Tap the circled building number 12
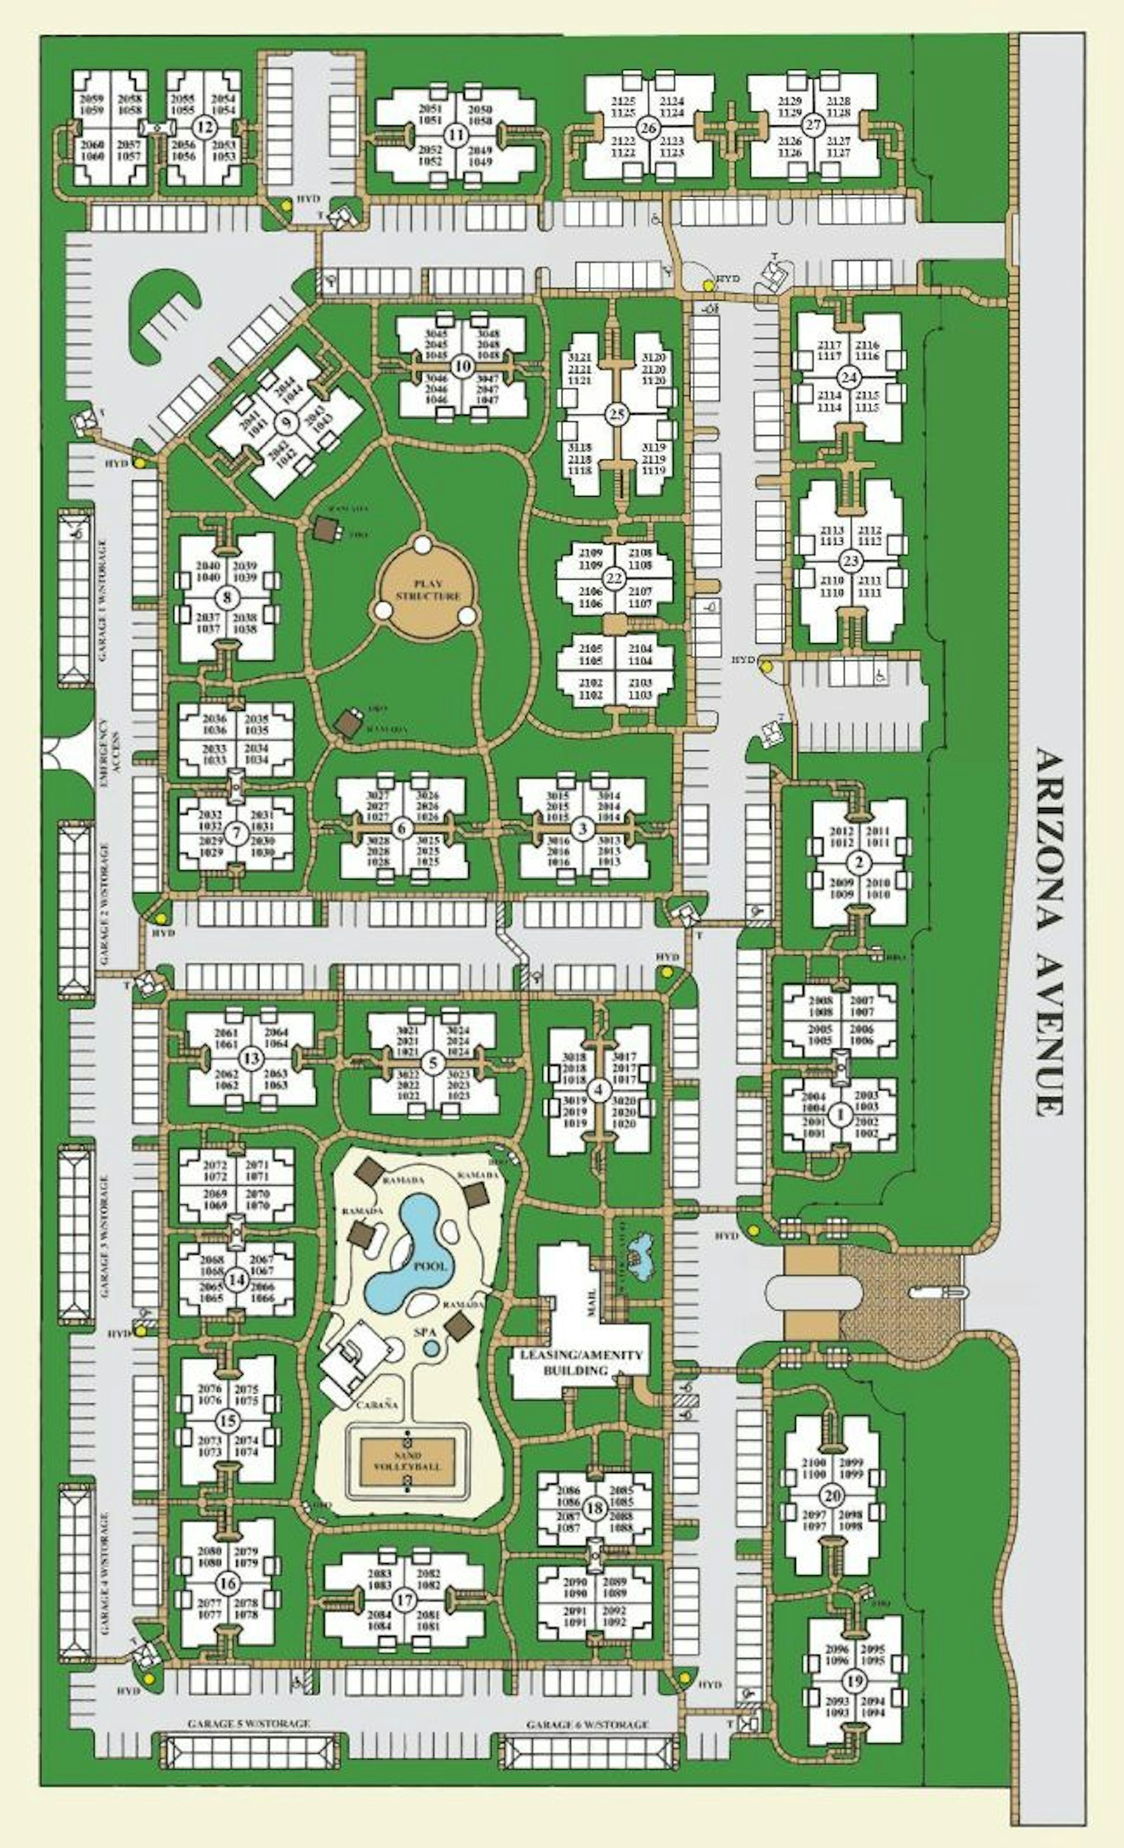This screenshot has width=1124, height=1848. [x=201, y=127]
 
